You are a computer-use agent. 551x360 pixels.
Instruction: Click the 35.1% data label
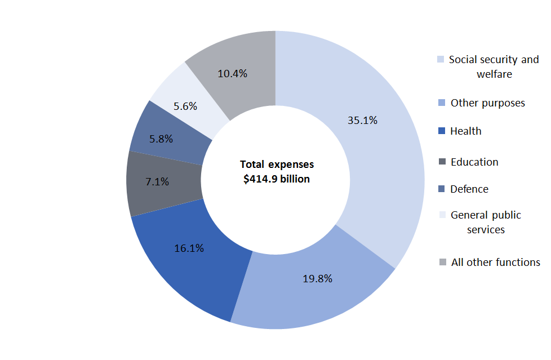click(x=362, y=120)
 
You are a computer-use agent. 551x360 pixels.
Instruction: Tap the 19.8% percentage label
click(x=317, y=278)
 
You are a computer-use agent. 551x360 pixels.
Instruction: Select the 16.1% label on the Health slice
click(x=189, y=248)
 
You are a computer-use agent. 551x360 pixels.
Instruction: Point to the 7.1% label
click(x=157, y=182)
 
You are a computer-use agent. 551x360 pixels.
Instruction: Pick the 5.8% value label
click(x=161, y=139)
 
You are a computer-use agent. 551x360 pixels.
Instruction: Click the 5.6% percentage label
click(x=185, y=106)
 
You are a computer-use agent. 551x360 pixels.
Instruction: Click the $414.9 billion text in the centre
click(x=277, y=179)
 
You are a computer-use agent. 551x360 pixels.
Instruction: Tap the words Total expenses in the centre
click(x=277, y=165)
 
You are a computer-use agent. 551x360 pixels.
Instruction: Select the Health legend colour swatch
click(x=442, y=131)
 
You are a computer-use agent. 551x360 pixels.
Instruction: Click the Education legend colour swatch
click(x=442, y=162)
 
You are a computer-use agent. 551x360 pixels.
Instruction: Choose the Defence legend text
click(x=469, y=189)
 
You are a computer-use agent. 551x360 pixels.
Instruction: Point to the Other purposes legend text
click(x=488, y=103)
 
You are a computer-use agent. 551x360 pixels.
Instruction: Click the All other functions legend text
click(x=496, y=262)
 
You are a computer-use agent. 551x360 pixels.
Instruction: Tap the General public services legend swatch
click(x=442, y=215)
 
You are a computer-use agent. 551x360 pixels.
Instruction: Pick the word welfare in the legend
click(x=494, y=74)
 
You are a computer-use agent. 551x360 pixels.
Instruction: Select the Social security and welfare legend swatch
click(x=442, y=60)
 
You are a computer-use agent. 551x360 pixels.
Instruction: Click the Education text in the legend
click(x=474, y=162)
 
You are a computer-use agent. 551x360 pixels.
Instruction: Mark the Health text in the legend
click(x=466, y=131)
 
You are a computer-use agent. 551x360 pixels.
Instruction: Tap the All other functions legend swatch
click(x=442, y=262)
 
